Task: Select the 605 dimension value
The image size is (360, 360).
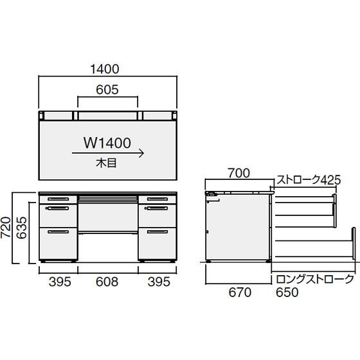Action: pos(107,91)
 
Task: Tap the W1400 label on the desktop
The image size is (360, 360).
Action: pos(107,141)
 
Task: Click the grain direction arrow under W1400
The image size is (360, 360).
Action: pos(107,154)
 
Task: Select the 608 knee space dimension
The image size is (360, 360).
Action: pos(107,282)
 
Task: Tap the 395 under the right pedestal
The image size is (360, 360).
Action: pos(157,282)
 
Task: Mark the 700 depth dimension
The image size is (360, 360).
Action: pos(239,173)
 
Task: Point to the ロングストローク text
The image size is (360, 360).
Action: pos(314,279)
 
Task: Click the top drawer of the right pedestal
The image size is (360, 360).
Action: pos(157,199)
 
